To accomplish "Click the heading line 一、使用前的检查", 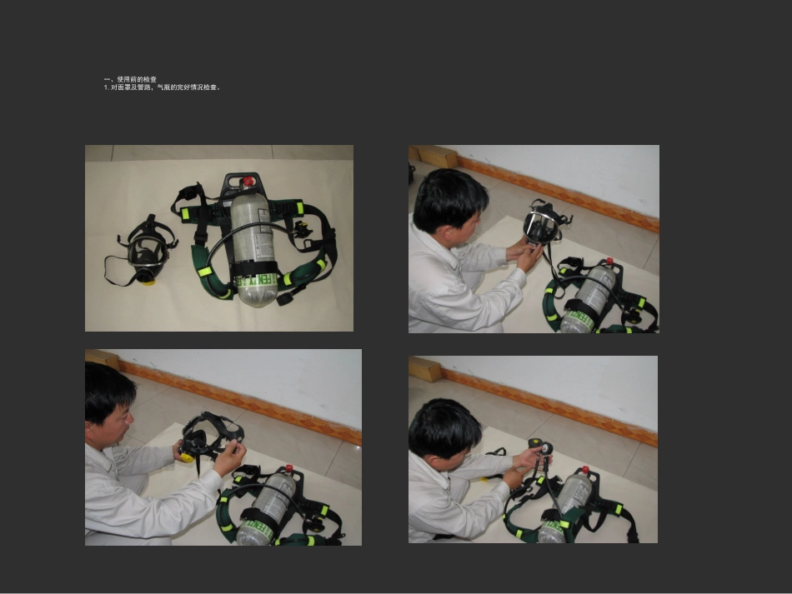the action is coord(130,79).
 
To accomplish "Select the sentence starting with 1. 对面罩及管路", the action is coord(162,87).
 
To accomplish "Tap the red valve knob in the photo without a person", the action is coord(248,181).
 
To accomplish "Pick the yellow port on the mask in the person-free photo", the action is coord(148,282).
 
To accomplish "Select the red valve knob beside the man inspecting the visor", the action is coord(609,262).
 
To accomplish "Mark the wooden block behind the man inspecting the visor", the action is coord(436,156).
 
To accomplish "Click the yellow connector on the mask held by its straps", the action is coord(187,457).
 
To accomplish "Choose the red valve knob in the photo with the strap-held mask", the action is coord(289,468).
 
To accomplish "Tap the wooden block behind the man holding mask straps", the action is coord(103,359).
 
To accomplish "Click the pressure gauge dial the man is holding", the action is coord(544,448).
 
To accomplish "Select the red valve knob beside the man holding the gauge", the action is coord(585,470).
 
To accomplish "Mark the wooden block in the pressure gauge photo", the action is coord(425,368).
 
